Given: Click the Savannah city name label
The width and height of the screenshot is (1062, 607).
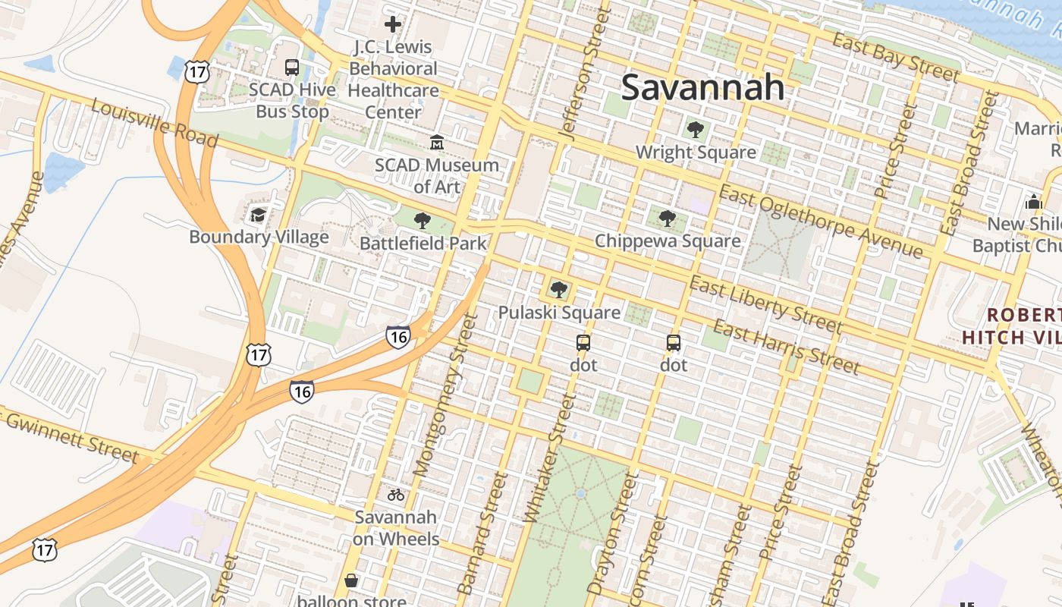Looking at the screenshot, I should (702, 87).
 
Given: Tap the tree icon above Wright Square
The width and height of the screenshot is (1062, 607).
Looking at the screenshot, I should (695, 130).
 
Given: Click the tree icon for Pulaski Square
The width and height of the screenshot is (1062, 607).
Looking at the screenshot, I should (559, 289).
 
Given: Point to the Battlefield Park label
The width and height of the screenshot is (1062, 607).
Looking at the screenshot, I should (423, 244).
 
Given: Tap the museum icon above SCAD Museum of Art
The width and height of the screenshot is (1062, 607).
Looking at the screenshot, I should (437, 142).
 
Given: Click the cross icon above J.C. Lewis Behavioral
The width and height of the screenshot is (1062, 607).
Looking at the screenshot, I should (393, 24).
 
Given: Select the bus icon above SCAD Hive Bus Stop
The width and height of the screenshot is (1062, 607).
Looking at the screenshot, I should (292, 67).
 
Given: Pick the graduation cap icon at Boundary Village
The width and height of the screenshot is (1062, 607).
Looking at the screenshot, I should (259, 215).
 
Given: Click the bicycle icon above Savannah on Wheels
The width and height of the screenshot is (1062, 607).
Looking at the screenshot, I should (396, 495).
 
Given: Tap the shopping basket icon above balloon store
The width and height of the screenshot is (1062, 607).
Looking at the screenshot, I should (351, 580).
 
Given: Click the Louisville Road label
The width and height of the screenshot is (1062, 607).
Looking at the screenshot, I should (155, 123).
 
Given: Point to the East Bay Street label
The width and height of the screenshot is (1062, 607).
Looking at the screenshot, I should (895, 56).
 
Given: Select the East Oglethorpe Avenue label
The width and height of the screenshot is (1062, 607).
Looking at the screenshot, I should (821, 222).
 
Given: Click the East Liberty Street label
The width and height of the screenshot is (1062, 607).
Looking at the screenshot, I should (765, 304).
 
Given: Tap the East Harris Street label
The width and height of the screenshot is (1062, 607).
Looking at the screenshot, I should (786, 348).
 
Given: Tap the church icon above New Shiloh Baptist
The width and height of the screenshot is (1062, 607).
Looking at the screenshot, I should (1033, 202).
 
